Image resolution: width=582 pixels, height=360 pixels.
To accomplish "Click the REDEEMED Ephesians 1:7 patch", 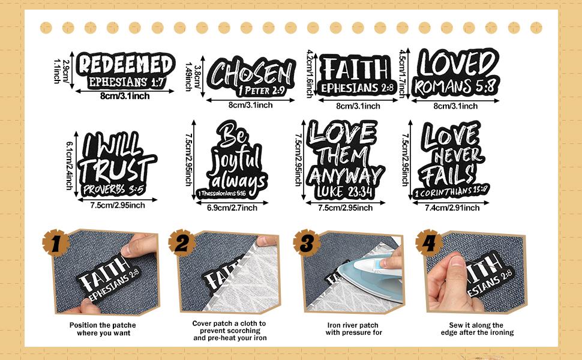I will (x=125, y=71).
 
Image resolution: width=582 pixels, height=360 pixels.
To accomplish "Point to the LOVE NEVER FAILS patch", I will (x=451, y=160).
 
